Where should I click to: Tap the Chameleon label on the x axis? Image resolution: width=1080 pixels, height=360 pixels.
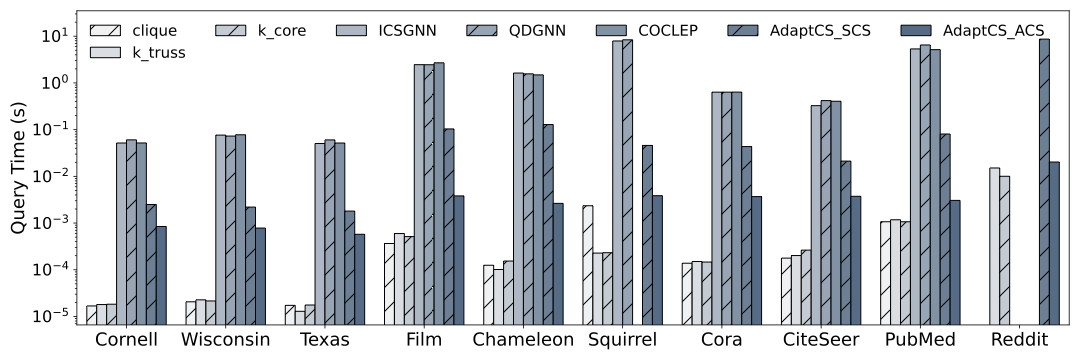[522, 340]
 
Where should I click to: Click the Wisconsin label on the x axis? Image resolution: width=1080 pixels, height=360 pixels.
[226, 340]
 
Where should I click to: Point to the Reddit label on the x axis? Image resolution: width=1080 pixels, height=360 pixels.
[1016, 340]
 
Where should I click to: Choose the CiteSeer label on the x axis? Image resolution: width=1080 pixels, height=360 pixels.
[819, 340]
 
